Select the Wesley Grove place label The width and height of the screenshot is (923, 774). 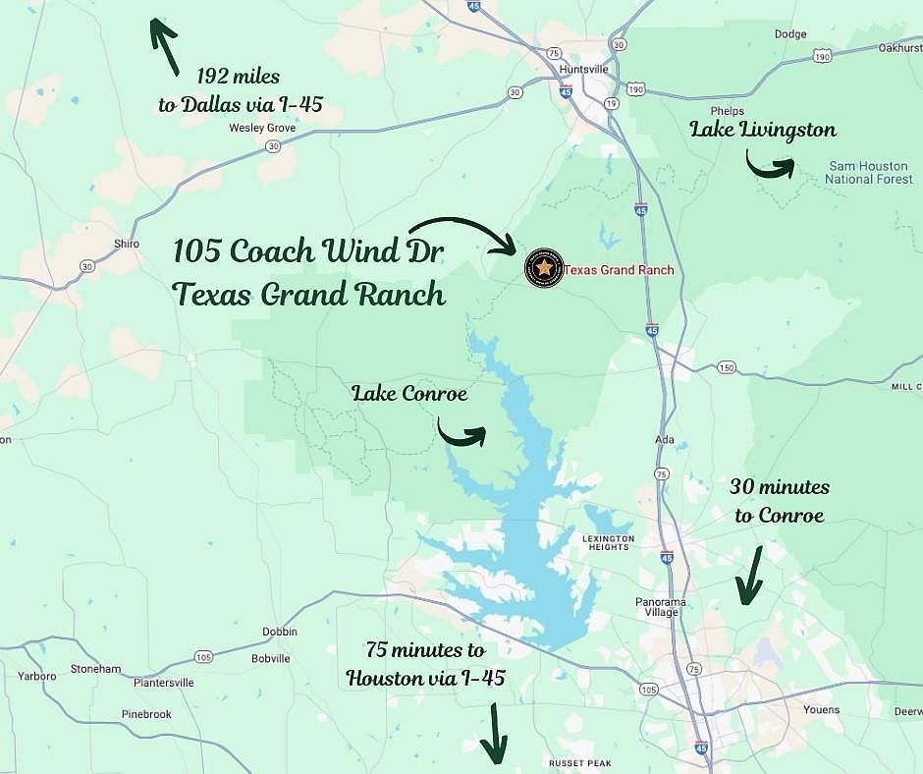[262, 128]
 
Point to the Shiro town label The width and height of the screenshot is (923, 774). [126, 244]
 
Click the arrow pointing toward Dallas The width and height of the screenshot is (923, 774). [162, 44]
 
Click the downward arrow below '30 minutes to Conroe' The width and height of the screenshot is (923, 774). [749, 575]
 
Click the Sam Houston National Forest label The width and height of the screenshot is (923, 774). [867, 173]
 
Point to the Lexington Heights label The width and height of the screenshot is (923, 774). [609, 543]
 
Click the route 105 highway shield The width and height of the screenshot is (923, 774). [203, 656]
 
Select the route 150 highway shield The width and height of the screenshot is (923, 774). [726, 367]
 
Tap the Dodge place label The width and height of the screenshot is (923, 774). [789, 34]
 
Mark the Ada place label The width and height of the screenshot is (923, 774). [667, 440]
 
